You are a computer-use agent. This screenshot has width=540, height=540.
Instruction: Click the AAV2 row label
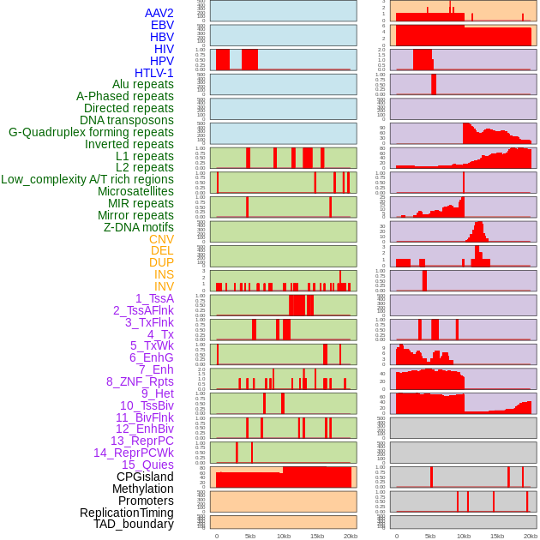pos(159,13)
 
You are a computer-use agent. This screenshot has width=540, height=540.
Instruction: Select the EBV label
pos(162,25)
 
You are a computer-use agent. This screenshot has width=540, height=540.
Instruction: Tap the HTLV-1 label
pos(154,73)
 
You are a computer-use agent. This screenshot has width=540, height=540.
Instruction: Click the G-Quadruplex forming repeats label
pos(91,133)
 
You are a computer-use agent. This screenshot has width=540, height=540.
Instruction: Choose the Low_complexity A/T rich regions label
pos(87,179)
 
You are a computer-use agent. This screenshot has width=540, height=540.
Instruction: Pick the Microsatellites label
pos(135,191)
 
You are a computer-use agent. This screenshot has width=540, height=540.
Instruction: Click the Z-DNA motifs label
pos(139,227)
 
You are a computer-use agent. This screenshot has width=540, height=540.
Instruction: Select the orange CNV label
pos(161,239)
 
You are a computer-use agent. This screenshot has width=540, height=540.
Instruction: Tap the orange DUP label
pos(161,262)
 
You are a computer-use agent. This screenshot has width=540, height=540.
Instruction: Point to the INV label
pos(164,286)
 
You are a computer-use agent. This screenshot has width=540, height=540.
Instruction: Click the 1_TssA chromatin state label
pos(154,298)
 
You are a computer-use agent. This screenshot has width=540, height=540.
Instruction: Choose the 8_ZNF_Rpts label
pos(140,381)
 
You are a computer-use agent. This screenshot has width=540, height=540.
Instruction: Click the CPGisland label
pos(145,477)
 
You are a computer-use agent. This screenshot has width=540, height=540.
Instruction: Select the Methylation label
pos(143,489)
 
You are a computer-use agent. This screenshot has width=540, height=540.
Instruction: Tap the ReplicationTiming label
pos(127,513)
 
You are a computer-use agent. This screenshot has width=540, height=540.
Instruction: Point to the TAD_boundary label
pos(134,524)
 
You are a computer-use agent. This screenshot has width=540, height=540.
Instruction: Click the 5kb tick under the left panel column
pos(250,536)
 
